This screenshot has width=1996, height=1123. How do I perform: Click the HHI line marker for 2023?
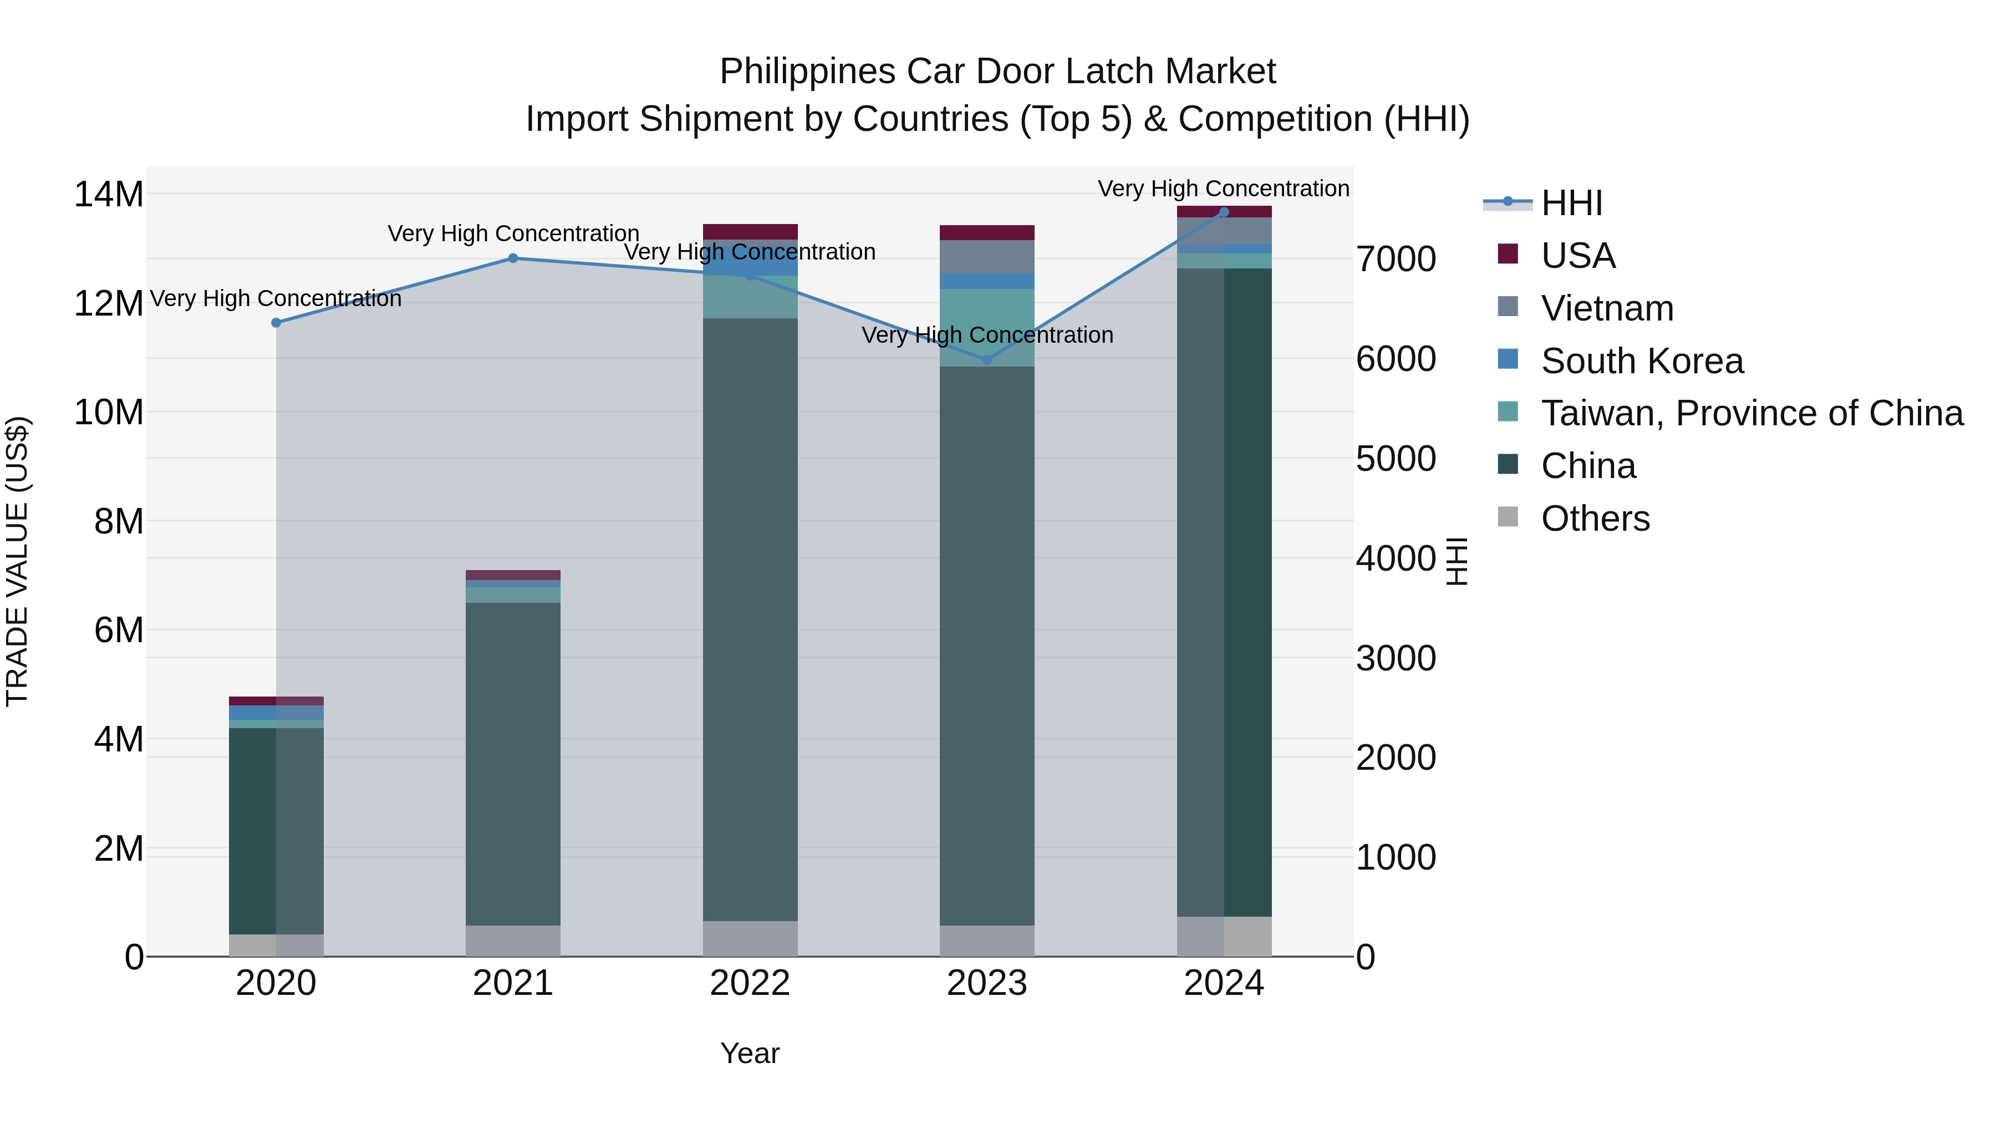point(987,359)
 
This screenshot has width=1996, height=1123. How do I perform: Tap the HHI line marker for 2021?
point(513,258)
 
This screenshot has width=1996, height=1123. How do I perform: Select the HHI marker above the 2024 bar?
point(1224,212)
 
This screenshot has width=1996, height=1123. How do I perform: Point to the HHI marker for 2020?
point(276,322)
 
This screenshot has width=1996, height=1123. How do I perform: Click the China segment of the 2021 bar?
point(513,764)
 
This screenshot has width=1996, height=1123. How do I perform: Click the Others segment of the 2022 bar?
point(750,938)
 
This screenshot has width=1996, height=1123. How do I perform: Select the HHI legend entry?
point(1571,203)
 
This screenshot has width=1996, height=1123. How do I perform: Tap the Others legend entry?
point(1595,519)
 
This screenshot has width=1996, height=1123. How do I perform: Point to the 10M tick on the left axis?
point(109,412)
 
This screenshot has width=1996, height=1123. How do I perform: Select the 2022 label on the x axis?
point(750,983)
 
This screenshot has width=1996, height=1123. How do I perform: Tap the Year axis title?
point(750,1053)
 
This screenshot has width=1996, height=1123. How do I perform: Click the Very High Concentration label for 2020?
point(276,298)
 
